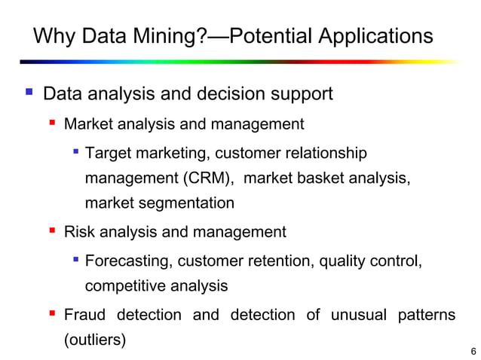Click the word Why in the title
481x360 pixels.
pos(54,36)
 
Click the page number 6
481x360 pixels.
pos(473,352)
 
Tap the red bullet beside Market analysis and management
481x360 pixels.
pos(52,123)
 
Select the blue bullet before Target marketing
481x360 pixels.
pos(75,153)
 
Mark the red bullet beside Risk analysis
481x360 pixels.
pos(52,231)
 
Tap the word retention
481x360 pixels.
pos(286,261)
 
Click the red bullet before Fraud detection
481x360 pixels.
pos(52,314)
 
